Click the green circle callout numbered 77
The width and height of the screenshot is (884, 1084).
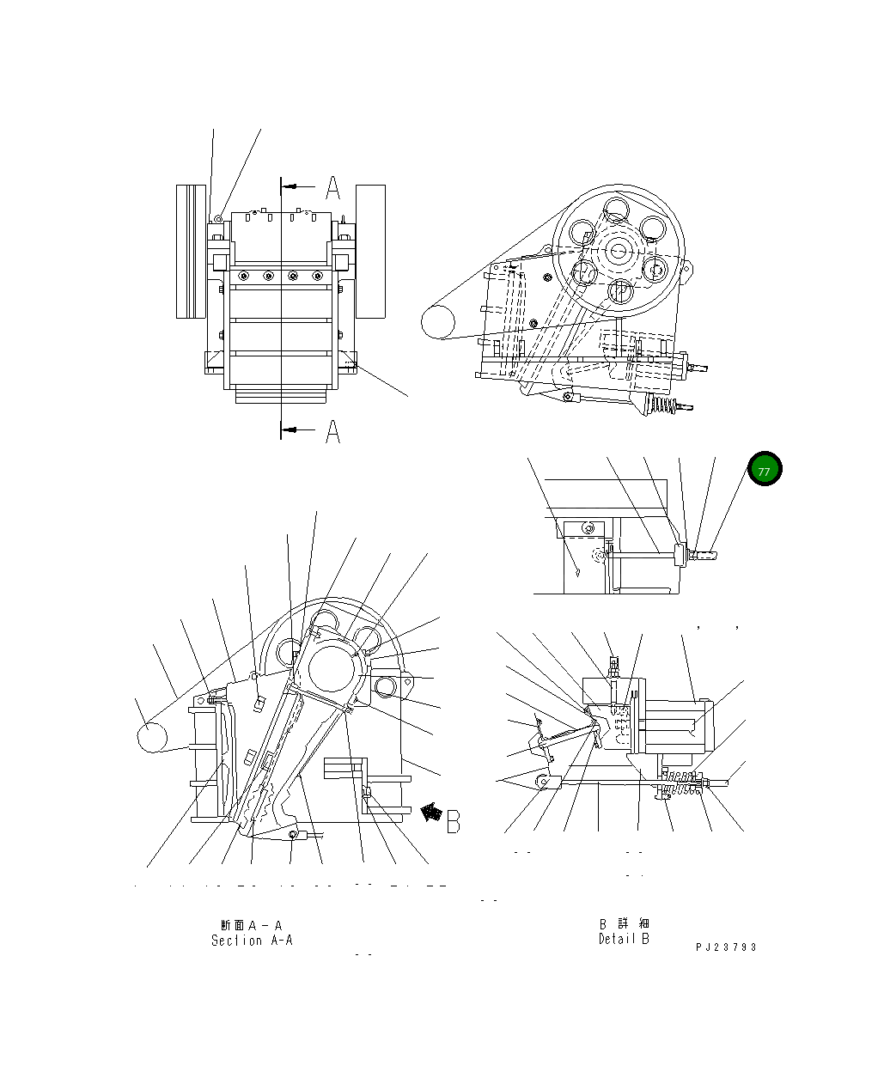[x=764, y=469]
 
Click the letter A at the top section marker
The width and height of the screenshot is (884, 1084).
[x=333, y=187]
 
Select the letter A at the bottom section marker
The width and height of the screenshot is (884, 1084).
[x=332, y=430]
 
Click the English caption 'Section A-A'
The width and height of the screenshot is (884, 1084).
[x=252, y=941]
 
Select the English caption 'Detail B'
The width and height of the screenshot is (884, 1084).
[x=624, y=939]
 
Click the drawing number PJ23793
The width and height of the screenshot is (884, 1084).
[x=726, y=947]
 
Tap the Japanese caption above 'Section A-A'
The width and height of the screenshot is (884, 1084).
[x=251, y=925]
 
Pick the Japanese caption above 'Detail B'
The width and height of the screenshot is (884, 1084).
[x=624, y=924]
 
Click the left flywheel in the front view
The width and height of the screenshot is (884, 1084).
[x=191, y=251]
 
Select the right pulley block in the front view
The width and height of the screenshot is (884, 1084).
[x=370, y=251]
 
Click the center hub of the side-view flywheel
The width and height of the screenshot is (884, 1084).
[x=619, y=250]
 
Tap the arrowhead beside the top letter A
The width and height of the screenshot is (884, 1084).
[x=295, y=186]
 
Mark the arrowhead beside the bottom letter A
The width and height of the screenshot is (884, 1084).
[x=295, y=429]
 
